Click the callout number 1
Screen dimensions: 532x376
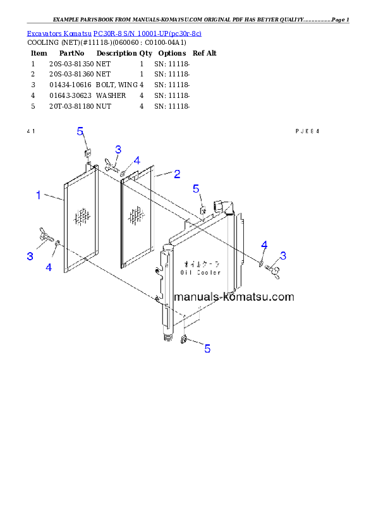(x=39, y=195)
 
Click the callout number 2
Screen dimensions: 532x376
(x=178, y=173)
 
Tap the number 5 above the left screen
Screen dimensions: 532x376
(x=80, y=131)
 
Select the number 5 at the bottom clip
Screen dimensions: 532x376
(x=207, y=348)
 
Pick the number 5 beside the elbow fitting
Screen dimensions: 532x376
(x=196, y=188)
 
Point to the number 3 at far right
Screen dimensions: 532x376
(x=283, y=255)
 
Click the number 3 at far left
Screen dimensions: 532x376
(x=30, y=256)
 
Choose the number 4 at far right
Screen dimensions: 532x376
(x=264, y=245)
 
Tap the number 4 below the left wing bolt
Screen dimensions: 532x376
(x=49, y=267)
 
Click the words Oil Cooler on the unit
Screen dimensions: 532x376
(x=200, y=272)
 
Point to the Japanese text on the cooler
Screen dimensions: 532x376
(x=202, y=263)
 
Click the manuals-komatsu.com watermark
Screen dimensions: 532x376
(x=234, y=297)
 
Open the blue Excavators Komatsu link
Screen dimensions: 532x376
(x=114, y=33)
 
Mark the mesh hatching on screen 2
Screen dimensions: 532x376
(x=136, y=216)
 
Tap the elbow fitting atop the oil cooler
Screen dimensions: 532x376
(x=224, y=206)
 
